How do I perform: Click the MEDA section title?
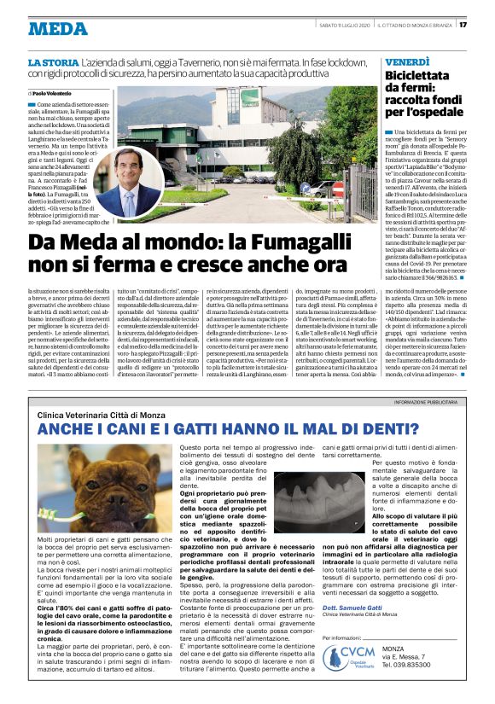(x=58, y=28)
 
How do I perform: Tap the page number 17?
(x=486, y=24)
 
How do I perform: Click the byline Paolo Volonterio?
(x=53, y=92)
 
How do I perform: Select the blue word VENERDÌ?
(x=407, y=62)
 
